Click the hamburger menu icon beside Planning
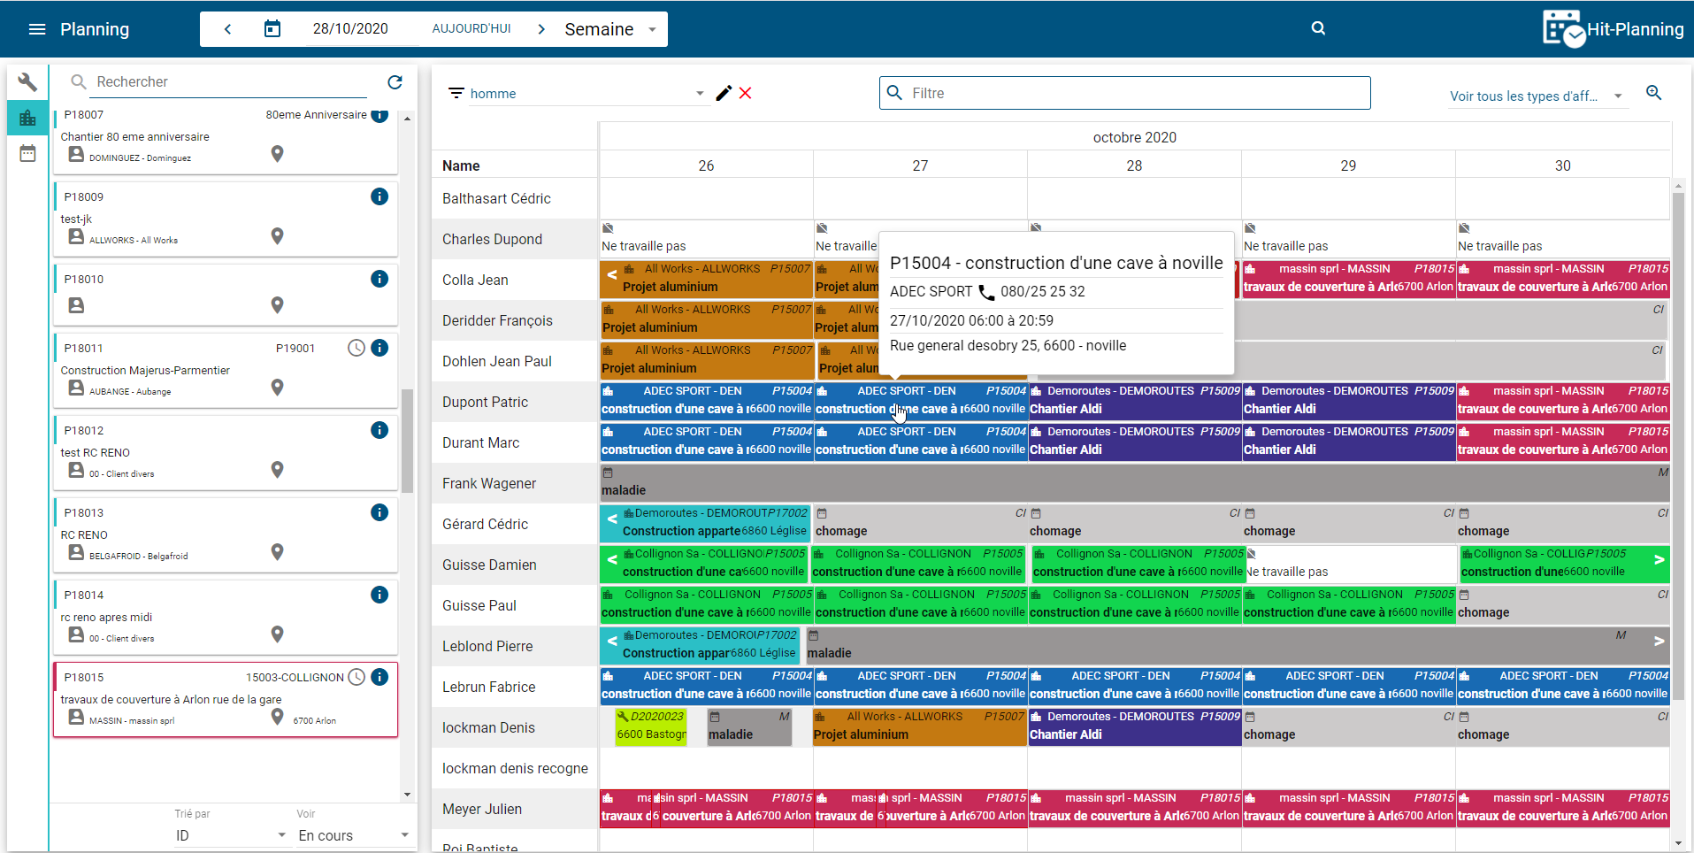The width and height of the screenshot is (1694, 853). pyautogui.click(x=37, y=29)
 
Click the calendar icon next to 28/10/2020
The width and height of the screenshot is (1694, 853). pyautogui.click(x=272, y=29)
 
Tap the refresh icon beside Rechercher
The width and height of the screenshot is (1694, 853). pyautogui.click(x=395, y=82)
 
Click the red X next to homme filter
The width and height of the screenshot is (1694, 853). pyautogui.click(x=746, y=93)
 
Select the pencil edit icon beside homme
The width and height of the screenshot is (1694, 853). pyautogui.click(x=724, y=93)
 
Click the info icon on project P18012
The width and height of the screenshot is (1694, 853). pyautogui.click(x=379, y=430)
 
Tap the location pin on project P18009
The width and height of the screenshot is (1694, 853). pyautogui.click(x=277, y=236)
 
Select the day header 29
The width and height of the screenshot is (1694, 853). pyautogui.click(x=1348, y=165)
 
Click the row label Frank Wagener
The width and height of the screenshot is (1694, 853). pyautogui.click(x=489, y=483)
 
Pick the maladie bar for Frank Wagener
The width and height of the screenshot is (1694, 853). pyautogui.click(x=1132, y=483)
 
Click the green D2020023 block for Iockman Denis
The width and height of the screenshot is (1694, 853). pyautogui.click(x=651, y=726)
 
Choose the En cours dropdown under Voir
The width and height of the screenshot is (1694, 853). pyautogui.click(x=353, y=835)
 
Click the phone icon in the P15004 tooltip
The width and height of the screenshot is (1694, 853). pyautogui.click(x=986, y=292)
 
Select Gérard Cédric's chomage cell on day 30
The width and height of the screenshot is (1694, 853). pyautogui.click(x=1562, y=524)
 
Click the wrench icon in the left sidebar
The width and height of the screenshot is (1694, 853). pyautogui.click(x=27, y=82)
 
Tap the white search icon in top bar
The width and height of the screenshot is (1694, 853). pyautogui.click(x=1318, y=28)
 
